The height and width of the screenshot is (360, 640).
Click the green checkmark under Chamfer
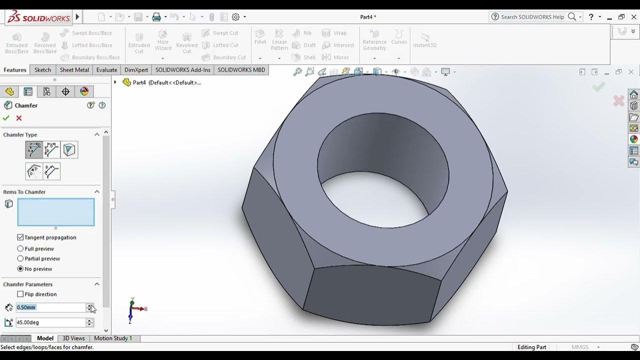(x=6, y=118)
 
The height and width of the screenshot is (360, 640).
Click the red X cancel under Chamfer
(x=19, y=118)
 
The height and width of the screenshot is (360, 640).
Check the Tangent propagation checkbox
(x=20, y=237)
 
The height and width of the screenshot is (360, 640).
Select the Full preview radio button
(x=20, y=248)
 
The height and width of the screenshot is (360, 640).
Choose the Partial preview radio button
(x=20, y=258)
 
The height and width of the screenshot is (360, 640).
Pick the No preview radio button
(x=20, y=269)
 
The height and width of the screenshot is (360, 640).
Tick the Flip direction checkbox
(x=20, y=294)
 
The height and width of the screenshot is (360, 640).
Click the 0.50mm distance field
(x=50, y=307)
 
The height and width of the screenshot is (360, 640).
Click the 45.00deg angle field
(x=50, y=322)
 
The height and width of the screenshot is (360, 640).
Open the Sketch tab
(x=42, y=70)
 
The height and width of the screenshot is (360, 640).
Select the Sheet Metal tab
(x=74, y=70)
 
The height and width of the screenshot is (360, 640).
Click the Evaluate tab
(x=106, y=70)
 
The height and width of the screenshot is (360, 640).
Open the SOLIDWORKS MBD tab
(x=241, y=70)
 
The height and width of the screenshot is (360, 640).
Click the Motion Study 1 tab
(x=113, y=338)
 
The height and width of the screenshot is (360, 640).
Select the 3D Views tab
(x=73, y=338)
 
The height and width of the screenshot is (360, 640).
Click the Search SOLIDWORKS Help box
(x=532, y=17)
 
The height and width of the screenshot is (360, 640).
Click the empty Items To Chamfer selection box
(x=55, y=212)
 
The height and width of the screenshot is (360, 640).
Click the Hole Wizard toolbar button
(x=163, y=41)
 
